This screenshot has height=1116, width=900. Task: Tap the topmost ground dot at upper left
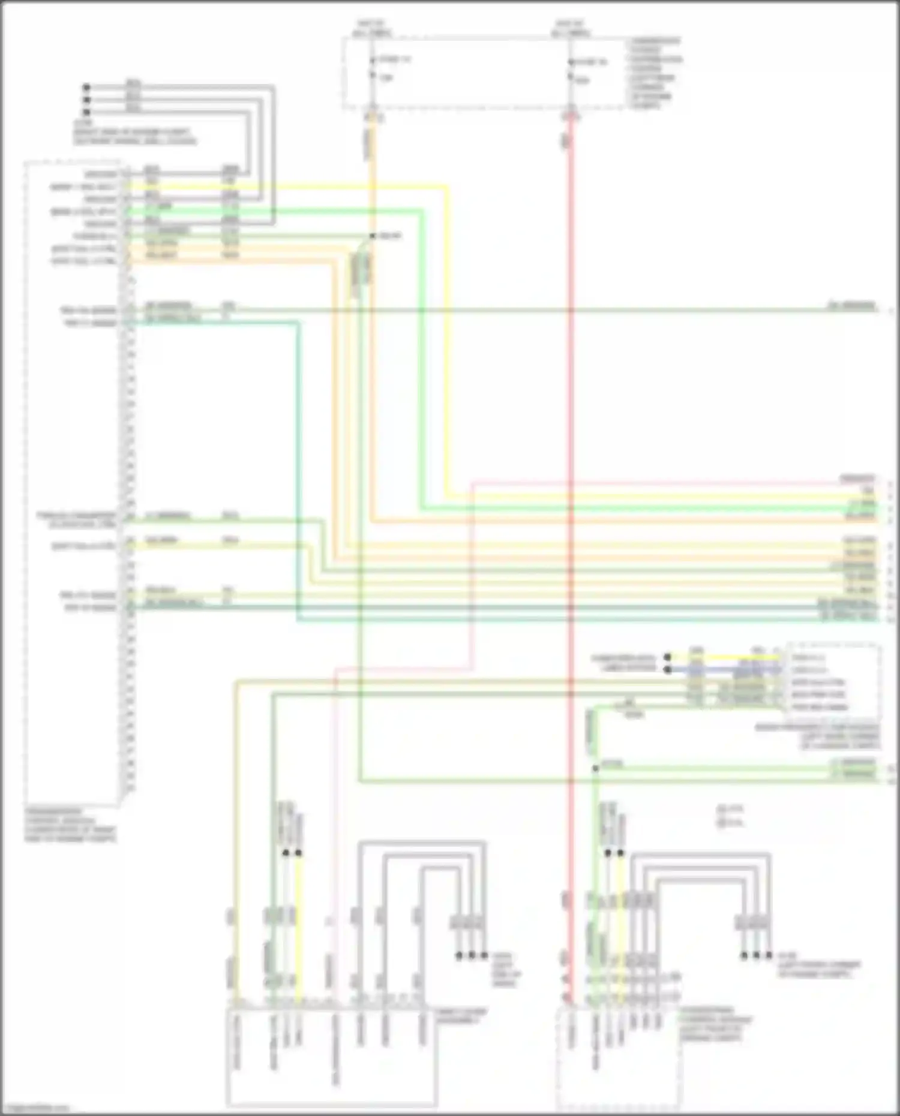click(86, 87)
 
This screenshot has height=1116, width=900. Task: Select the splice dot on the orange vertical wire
click(372, 236)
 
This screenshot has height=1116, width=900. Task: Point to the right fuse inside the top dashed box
click(571, 70)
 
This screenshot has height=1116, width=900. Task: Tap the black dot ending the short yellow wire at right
click(667, 657)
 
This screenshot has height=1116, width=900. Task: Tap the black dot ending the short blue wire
click(667, 669)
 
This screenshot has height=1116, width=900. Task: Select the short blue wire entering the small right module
click(726, 669)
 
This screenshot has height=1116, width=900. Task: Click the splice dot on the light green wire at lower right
click(595, 768)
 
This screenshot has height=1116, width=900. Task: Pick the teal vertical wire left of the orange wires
click(298, 468)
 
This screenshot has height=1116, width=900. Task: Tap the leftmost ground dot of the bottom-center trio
click(460, 955)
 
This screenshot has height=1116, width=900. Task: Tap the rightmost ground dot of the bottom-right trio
click(769, 955)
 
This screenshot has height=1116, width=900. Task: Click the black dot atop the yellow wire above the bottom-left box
click(298, 852)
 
